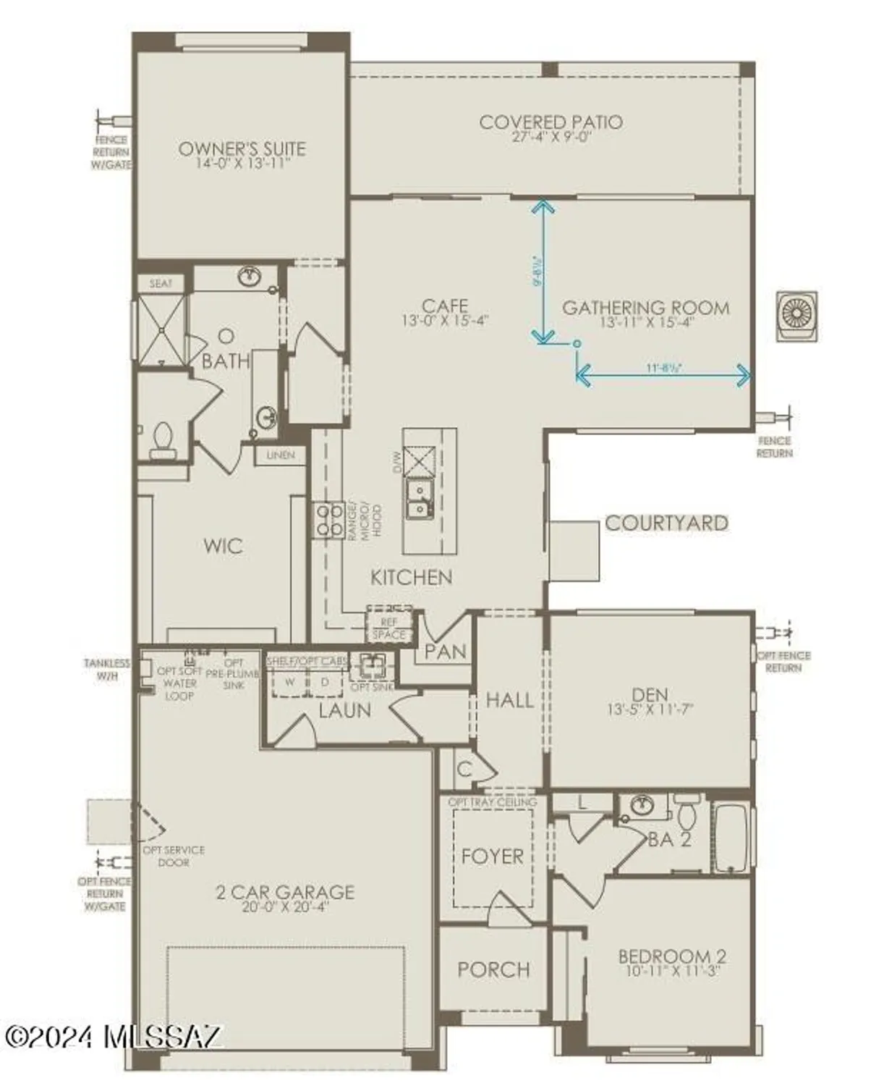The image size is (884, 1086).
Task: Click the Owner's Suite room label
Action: point(242,148)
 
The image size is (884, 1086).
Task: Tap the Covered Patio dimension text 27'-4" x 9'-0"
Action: point(551,137)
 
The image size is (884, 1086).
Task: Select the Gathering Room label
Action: point(645,308)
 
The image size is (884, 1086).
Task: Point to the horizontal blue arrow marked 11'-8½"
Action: point(663,375)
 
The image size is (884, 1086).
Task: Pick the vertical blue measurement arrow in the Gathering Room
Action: point(543,272)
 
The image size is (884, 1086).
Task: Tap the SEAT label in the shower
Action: point(161,283)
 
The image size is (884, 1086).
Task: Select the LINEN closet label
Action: point(281,455)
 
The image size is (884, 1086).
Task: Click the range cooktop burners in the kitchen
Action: point(328,519)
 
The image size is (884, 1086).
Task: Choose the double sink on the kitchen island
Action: point(418,500)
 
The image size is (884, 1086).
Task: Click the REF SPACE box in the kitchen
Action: point(389,628)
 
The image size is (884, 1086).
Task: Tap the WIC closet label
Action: point(223,546)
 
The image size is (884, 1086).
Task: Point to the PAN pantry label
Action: point(445,652)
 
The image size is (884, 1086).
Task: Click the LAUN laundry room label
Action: point(344,710)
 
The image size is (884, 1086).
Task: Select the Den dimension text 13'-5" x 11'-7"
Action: point(650,710)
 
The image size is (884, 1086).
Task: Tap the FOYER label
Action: point(492,856)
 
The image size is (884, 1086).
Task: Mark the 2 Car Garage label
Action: point(285,892)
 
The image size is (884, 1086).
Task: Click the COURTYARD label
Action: point(666,523)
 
